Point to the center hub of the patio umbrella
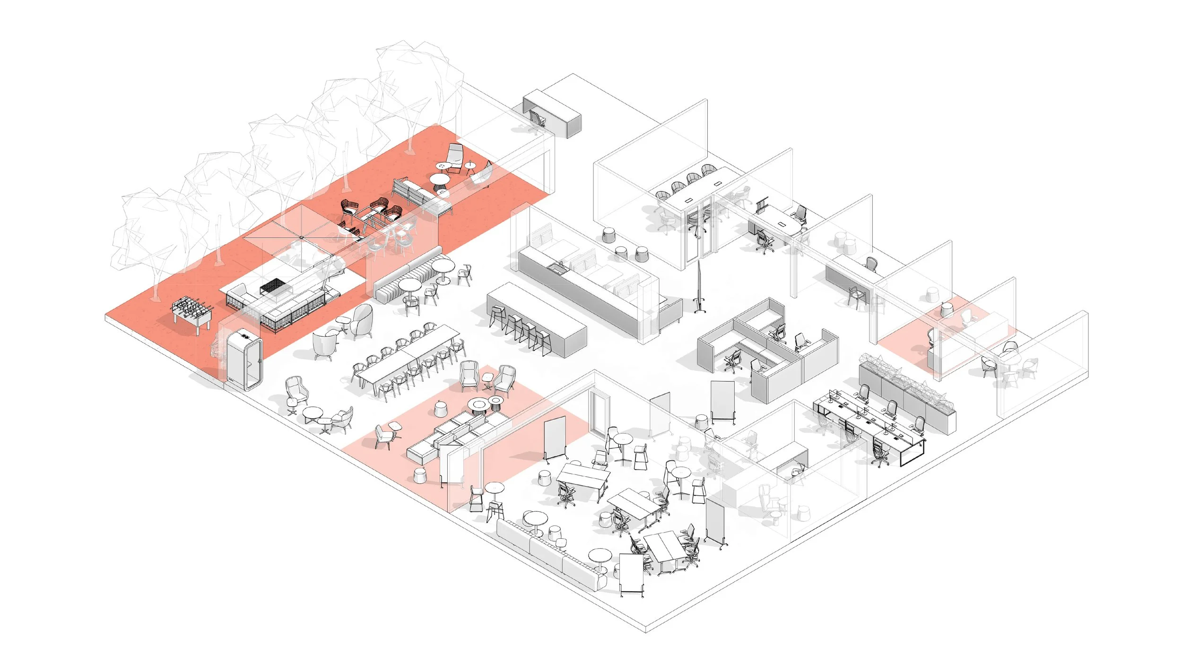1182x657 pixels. click(301, 237)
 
